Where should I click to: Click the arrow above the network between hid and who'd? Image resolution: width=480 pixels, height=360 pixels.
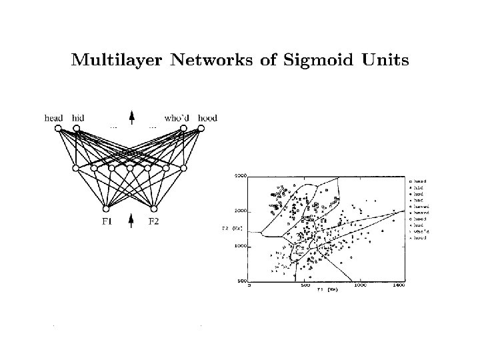(131, 117)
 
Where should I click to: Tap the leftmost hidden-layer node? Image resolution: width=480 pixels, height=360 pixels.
(75, 167)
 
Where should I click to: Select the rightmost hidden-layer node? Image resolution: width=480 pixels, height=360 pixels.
(184, 167)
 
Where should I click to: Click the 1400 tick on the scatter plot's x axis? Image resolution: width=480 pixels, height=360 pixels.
(399, 285)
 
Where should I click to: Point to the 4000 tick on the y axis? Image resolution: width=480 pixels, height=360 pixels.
(240, 176)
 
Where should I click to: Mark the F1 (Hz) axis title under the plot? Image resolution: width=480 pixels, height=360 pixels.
(327, 290)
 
